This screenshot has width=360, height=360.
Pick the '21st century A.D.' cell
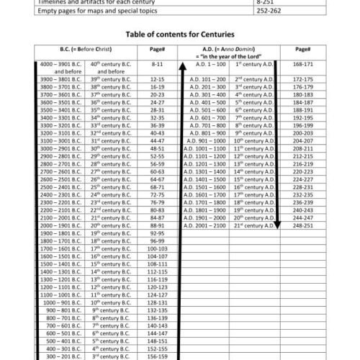click(x=255, y=246)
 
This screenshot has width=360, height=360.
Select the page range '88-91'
click(x=158, y=246)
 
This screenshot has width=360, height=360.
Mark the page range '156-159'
click(x=158, y=355)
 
